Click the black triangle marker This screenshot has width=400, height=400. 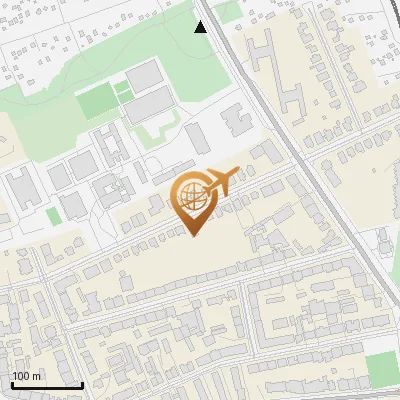tap(200, 27)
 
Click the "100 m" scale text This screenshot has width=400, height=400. tap(27, 376)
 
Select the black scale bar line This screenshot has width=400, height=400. tap(46, 385)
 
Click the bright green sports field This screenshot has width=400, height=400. tap(96, 101)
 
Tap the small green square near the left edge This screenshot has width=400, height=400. tap(53, 216)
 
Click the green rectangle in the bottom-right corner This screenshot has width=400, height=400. tap(382, 370)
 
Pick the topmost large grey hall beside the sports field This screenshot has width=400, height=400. tap(143, 74)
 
